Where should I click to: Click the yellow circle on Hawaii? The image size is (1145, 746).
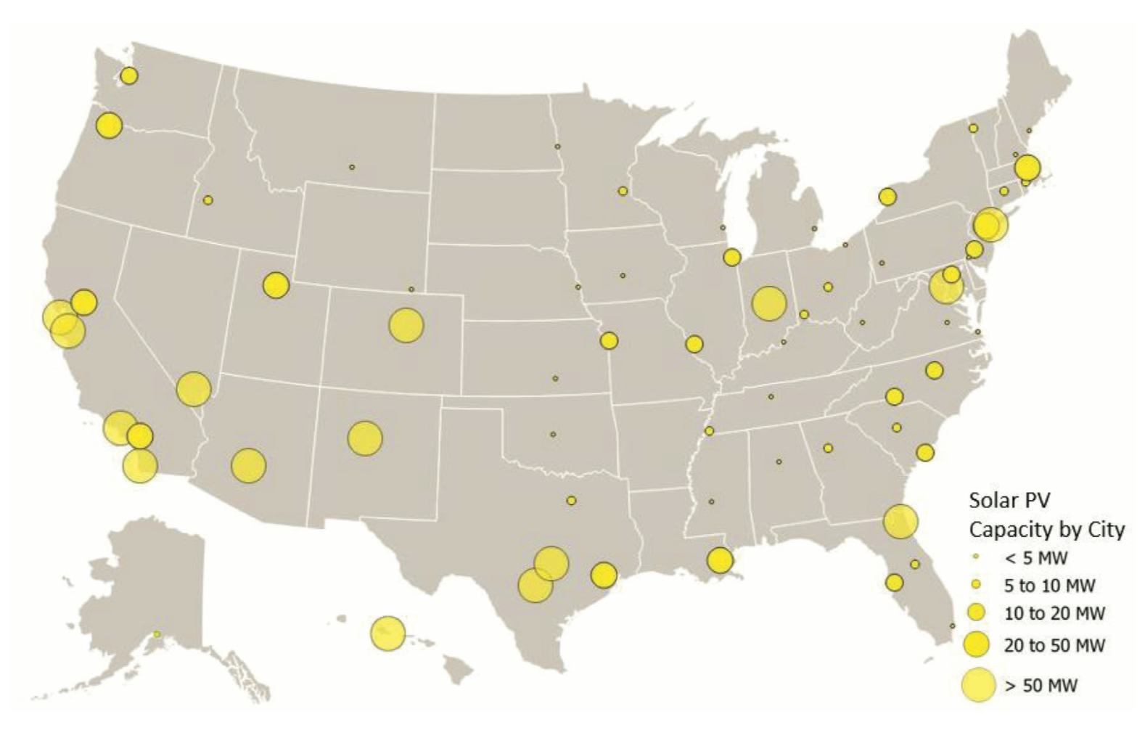click(x=388, y=634)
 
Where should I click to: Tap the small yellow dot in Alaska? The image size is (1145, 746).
click(x=157, y=634)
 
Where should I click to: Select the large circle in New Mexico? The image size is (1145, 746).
click(x=365, y=438)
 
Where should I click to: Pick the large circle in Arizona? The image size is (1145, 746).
click(x=249, y=465)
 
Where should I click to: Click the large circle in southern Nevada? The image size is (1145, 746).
click(x=193, y=390)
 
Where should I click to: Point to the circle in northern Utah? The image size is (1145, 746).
click(x=276, y=285)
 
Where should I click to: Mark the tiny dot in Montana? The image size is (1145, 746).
click(x=352, y=167)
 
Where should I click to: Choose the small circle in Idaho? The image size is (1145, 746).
click(x=208, y=200)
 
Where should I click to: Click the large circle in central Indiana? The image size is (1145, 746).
click(x=769, y=303)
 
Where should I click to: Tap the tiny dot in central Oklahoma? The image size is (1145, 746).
click(x=553, y=434)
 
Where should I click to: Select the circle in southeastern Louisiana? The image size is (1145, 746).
click(x=720, y=560)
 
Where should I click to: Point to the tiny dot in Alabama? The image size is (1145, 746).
click(x=779, y=462)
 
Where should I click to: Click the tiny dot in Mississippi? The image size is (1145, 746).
click(x=711, y=501)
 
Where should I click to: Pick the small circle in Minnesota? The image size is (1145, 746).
click(x=623, y=191)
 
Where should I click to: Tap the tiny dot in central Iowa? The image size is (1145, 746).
click(x=623, y=276)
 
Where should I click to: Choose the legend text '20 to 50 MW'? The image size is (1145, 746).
click(x=1054, y=645)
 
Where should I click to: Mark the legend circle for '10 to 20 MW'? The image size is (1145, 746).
click(x=978, y=613)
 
